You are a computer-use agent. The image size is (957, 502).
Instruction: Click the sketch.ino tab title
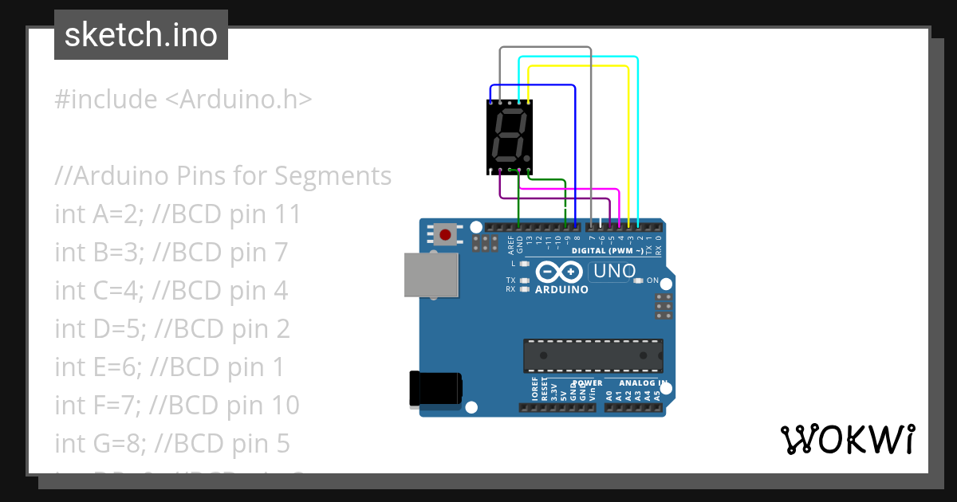140,35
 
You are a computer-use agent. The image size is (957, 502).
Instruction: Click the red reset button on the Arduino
444,234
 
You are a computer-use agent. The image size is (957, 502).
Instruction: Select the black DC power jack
434,388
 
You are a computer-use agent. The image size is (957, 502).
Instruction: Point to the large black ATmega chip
593,355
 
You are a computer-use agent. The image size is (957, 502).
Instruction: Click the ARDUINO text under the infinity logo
561,289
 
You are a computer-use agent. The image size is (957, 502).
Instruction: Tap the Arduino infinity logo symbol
560,272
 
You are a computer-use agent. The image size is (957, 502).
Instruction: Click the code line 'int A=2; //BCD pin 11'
178,214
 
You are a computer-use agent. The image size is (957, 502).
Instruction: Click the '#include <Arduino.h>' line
183,100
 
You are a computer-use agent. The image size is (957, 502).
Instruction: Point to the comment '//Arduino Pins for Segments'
223,175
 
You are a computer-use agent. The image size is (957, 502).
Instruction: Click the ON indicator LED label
652,280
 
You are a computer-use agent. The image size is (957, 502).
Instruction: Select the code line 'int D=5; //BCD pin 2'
172,328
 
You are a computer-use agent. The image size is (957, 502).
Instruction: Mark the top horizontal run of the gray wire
545,47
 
